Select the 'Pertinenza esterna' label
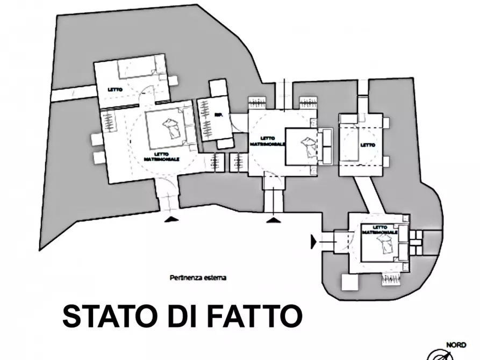(x=197, y=278)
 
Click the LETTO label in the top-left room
(x=114, y=89)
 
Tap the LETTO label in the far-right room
(x=368, y=145)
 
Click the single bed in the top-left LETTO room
(x=138, y=70)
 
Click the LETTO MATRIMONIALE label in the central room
(x=267, y=140)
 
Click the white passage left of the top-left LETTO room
(x=73, y=92)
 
